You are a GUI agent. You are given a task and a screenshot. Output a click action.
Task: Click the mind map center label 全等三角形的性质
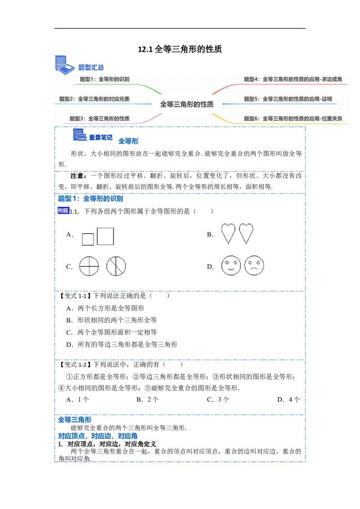pos(187,104)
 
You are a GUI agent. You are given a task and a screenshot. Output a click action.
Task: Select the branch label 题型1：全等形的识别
pos(104,79)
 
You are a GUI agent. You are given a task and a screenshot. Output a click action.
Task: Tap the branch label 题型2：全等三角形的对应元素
pos(94,99)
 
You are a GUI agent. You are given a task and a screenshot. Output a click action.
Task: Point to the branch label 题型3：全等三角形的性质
pos(99,119)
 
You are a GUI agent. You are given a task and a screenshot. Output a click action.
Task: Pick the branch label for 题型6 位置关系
pos(293,119)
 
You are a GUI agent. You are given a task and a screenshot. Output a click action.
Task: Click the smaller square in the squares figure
pos(88,239)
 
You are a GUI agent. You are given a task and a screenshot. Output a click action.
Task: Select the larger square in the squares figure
pos(105,236)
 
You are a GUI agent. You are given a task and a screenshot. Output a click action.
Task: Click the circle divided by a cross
pos(89,267)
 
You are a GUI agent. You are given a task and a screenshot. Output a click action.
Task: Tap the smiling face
pos(231,266)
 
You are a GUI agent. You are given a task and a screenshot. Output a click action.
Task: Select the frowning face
pos(253,266)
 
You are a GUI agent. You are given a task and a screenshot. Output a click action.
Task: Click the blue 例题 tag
pos(63,210)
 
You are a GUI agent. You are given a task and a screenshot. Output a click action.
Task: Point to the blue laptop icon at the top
pos(64,64)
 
